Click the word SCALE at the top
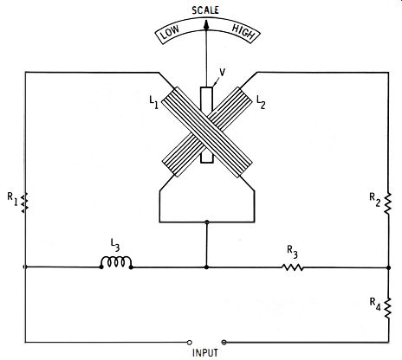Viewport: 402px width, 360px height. click(x=205, y=10)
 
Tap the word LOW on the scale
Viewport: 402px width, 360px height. click(x=170, y=32)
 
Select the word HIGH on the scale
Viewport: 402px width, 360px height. click(x=243, y=32)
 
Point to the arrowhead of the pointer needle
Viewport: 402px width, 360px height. click(x=206, y=24)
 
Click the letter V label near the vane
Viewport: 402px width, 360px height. click(x=222, y=73)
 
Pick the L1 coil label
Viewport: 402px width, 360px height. click(x=153, y=102)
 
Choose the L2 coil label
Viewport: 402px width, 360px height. click(x=261, y=102)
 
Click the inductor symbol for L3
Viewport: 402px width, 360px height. click(x=116, y=262)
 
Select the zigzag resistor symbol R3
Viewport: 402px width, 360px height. click(x=293, y=267)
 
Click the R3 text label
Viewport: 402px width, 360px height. click(x=292, y=252)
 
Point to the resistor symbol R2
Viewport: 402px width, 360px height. click(x=388, y=203)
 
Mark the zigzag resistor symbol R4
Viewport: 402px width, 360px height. click(x=388, y=308)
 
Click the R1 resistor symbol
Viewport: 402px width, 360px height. click(x=25, y=202)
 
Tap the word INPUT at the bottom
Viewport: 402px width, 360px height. click(x=205, y=353)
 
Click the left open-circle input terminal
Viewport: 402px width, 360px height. click(x=189, y=343)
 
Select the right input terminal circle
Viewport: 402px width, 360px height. click(x=224, y=343)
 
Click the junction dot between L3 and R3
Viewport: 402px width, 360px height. click(x=206, y=267)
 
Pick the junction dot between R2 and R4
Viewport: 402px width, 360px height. click(x=388, y=267)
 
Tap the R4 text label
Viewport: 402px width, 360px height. click(x=375, y=305)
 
